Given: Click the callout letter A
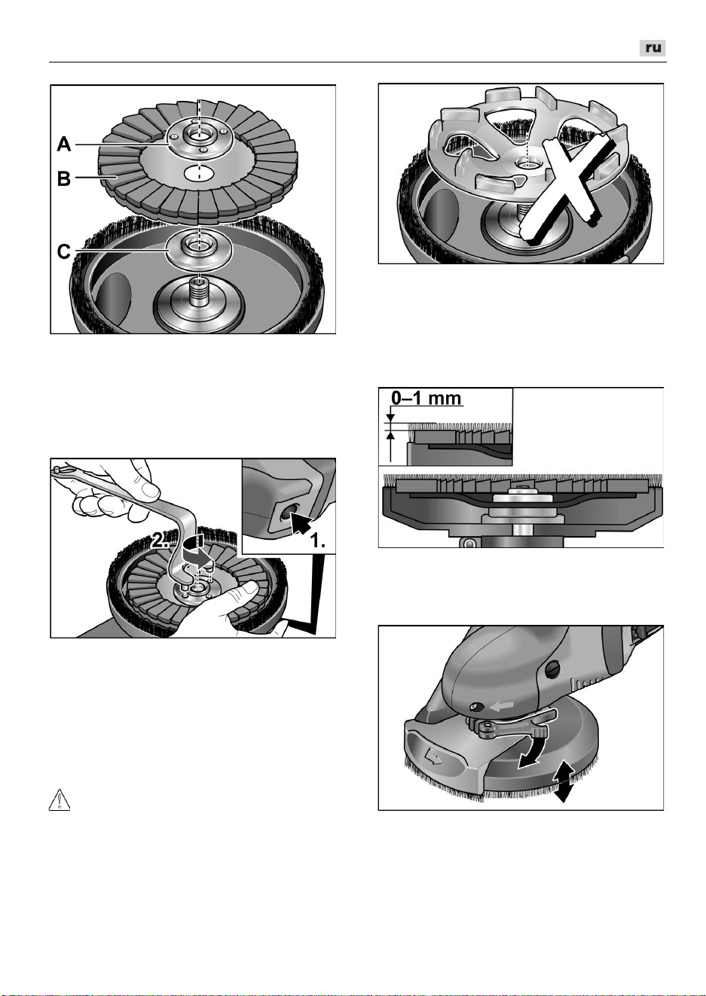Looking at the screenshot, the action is pos(63,145).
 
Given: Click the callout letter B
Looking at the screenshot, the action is pos(63,178).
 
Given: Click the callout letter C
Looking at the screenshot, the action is pos(63,251).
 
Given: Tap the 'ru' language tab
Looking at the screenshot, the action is pos(653,48).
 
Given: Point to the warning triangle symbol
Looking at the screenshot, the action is pos(60,799).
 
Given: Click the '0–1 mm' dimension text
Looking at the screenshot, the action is pos(426,397).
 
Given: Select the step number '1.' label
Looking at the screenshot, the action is pos(317,541).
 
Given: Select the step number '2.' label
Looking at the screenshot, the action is pos(160,541).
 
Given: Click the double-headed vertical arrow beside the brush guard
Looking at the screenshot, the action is pos(563,786).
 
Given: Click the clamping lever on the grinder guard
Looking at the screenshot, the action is pos(512,725).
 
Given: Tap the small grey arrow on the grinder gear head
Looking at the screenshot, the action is pos(502,705).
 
